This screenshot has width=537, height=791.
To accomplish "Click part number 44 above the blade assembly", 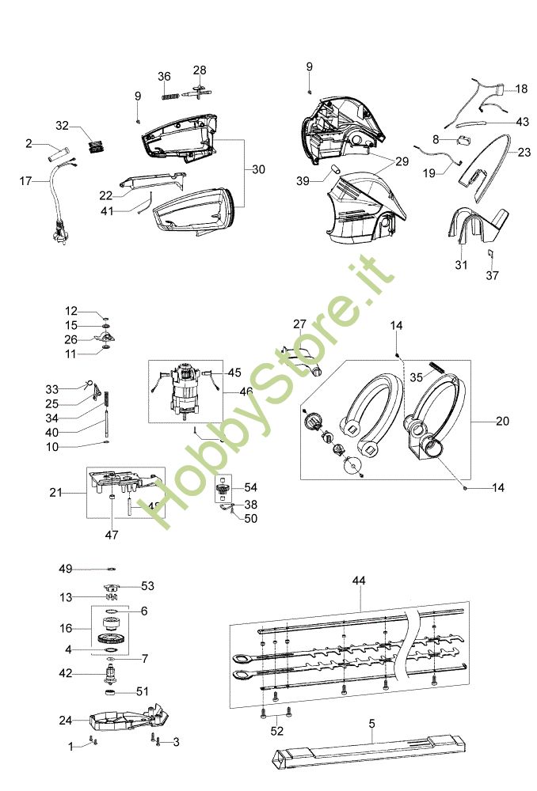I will point(359,581).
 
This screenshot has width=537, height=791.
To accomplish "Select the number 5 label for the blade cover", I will point(372,722).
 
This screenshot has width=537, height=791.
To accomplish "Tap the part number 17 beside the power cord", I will point(26,181).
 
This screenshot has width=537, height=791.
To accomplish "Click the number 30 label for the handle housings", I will point(258,169).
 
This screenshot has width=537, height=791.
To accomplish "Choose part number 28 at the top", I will point(200,70).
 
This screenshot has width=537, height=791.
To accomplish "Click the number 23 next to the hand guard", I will point(524,152).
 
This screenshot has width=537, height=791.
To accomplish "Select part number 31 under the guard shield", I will point(461,265).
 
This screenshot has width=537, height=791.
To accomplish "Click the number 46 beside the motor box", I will point(246,392).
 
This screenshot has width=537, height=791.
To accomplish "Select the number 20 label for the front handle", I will point(502,422).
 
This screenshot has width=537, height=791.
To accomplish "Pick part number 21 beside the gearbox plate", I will point(55,493).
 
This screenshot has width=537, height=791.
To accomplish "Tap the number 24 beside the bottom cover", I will point(66,720).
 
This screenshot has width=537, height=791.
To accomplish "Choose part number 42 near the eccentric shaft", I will point(67,674).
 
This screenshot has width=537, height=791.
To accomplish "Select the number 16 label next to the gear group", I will point(66,628).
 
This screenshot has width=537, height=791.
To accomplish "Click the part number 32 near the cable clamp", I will point(63,126).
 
